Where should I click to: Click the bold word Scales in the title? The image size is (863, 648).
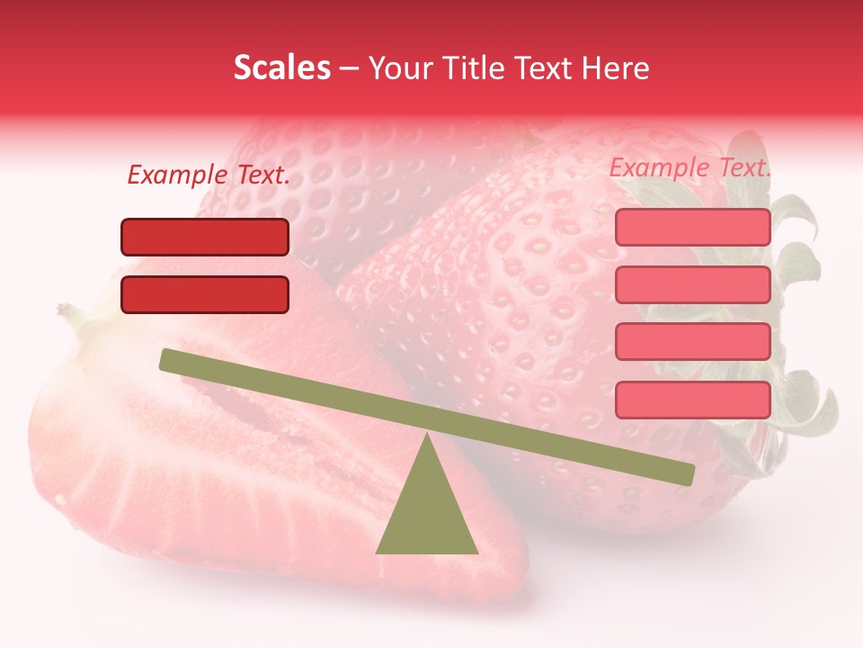coord(281,67)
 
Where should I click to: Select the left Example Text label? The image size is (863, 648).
coord(209,175)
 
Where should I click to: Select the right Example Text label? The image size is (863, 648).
coord(690,167)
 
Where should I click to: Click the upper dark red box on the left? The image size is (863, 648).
coord(205,237)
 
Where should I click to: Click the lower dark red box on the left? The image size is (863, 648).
coord(205,294)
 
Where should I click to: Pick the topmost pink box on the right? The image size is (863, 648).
coord(692,227)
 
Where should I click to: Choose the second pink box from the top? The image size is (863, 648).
coord(692,284)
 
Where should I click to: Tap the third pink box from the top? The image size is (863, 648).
coord(692,342)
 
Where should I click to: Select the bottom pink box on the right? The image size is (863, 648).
coord(692,400)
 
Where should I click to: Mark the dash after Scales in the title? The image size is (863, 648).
coord(350,68)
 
